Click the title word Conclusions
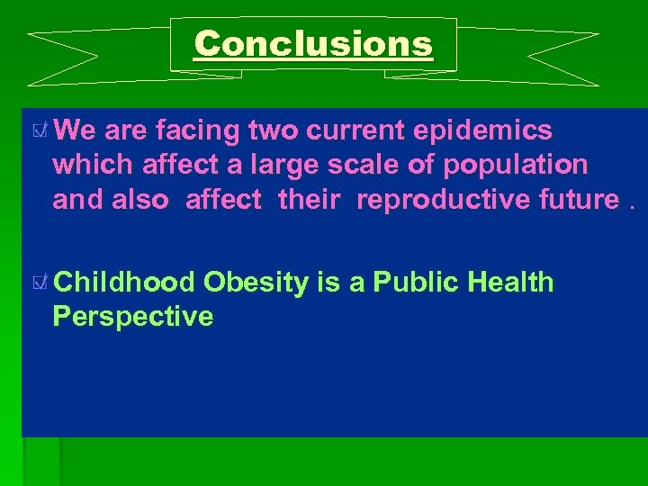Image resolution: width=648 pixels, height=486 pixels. coord(313,43)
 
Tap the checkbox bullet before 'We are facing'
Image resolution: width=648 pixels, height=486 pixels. coord(39,131)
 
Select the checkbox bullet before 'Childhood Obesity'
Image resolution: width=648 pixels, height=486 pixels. coord(39,283)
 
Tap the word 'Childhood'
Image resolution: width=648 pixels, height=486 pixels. coord(124,283)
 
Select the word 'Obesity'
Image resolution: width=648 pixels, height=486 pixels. coord(256,283)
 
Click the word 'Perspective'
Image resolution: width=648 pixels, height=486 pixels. coord(133,317)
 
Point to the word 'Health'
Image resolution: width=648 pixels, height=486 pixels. coord(510,283)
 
